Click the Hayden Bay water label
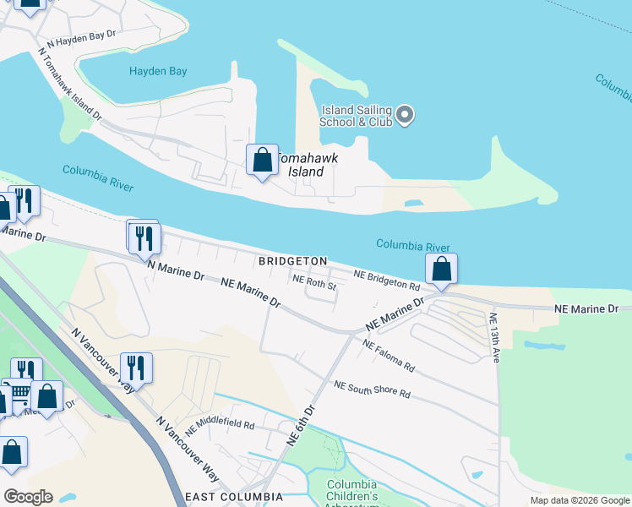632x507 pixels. pyautogui.click(x=158, y=72)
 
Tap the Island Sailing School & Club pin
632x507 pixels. pyautogui.click(x=405, y=114)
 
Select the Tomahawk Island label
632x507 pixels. pyautogui.click(x=300, y=165)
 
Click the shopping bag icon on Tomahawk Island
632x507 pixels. pyautogui.click(x=262, y=160)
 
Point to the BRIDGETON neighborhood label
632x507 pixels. pyautogui.click(x=292, y=262)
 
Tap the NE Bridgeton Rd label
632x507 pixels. pyautogui.click(x=387, y=281)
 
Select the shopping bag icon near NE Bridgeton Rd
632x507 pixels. pyautogui.click(x=441, y=270)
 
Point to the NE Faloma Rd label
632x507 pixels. pyautogui.click(x=389, y=356)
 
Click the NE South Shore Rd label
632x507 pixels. pyautogui.click(x=372, y=390)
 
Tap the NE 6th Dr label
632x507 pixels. pyautogui.click(x=300, y=425)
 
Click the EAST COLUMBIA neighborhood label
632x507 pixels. pyautogui.click(x=233, y=496)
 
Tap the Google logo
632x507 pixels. pyautogui.click(x=29, y=496)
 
